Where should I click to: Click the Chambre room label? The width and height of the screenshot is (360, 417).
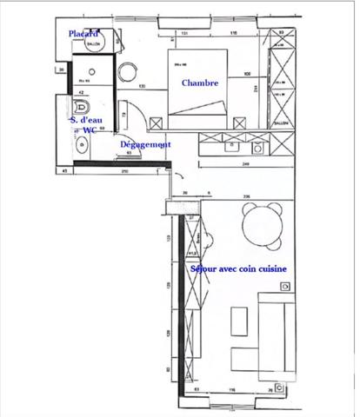click(x=199, y=83)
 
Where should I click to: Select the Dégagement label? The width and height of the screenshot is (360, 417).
click(x=144, y=144)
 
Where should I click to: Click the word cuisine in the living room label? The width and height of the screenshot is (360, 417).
click(x=270, y=269)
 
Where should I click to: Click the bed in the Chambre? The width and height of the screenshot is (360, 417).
click(x=200, y=87)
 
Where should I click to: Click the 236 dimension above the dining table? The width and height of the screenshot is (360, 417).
click(x=248, y=196)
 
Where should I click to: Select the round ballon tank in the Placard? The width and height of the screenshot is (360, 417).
click(x=96, y=43)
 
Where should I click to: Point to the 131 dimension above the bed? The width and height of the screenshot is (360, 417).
click(x=184, y=34)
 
